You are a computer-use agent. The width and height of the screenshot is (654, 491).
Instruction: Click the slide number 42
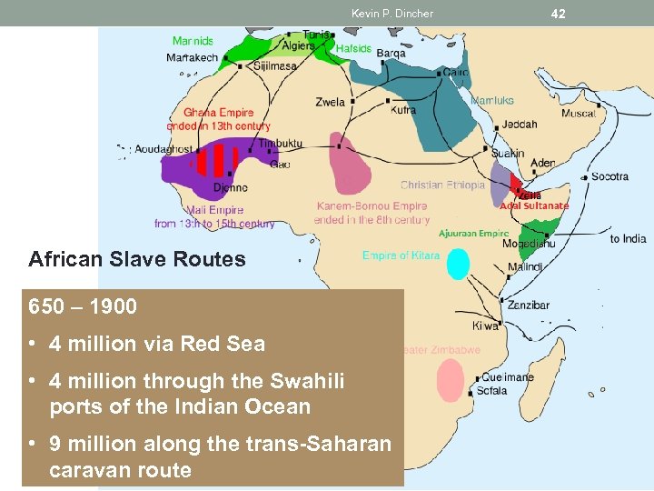coord(558,13)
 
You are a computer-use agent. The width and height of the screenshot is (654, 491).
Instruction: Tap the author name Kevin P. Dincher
coord(392,14)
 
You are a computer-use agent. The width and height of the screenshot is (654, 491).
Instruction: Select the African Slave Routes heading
coord(137,259)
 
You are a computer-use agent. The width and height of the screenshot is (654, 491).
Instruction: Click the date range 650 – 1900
coord(83,306)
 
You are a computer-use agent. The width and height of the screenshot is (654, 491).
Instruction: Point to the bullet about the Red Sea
coord(157,344)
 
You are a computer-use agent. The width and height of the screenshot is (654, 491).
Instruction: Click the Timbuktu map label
coord(280,144)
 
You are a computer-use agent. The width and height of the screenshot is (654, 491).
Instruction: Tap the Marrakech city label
coord(193,57)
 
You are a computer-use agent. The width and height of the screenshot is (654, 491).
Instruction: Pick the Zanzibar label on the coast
coord(529,306)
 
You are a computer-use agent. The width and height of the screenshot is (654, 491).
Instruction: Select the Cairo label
coord(456,72)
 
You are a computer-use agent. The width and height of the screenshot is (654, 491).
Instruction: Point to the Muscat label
coord(580,114)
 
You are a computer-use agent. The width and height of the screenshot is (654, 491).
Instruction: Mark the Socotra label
coord(609,176)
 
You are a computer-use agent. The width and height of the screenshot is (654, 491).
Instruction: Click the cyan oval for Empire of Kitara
coord(459,264)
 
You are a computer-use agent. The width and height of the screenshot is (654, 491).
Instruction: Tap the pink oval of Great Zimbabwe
coord(451,380)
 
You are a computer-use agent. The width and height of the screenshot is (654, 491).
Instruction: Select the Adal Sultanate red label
coord(534,205)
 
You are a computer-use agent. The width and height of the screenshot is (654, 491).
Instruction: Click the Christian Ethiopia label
coord(442,185)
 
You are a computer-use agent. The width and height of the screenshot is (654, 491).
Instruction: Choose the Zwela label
coord(331,102)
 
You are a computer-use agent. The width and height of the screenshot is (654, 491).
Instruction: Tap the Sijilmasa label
coord(275,66)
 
